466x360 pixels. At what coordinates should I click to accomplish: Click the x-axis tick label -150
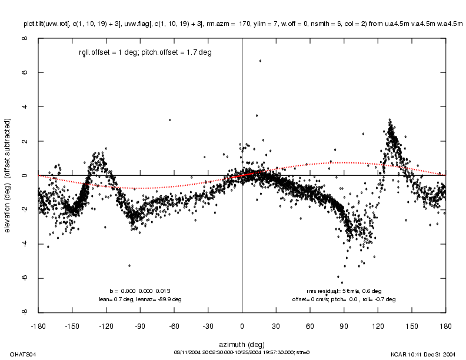point(72,325)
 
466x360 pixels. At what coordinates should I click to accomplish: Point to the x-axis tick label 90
point(344,325)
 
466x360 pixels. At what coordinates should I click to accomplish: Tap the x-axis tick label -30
point(208,325)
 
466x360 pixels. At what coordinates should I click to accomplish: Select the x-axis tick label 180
point(445,325)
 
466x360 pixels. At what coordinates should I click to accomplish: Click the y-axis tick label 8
point(25,39)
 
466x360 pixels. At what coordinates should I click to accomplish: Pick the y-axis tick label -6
point(25,278)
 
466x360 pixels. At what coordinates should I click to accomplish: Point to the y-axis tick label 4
point(25,107)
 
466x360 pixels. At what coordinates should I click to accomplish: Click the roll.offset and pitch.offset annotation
point(145,52)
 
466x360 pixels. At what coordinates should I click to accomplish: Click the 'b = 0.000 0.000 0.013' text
point(140,291)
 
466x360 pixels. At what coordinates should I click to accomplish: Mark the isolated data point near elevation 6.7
point(260,61)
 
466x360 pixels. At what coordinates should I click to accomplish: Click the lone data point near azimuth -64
point(169,120)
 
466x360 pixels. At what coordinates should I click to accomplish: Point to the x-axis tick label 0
point(242,325)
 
